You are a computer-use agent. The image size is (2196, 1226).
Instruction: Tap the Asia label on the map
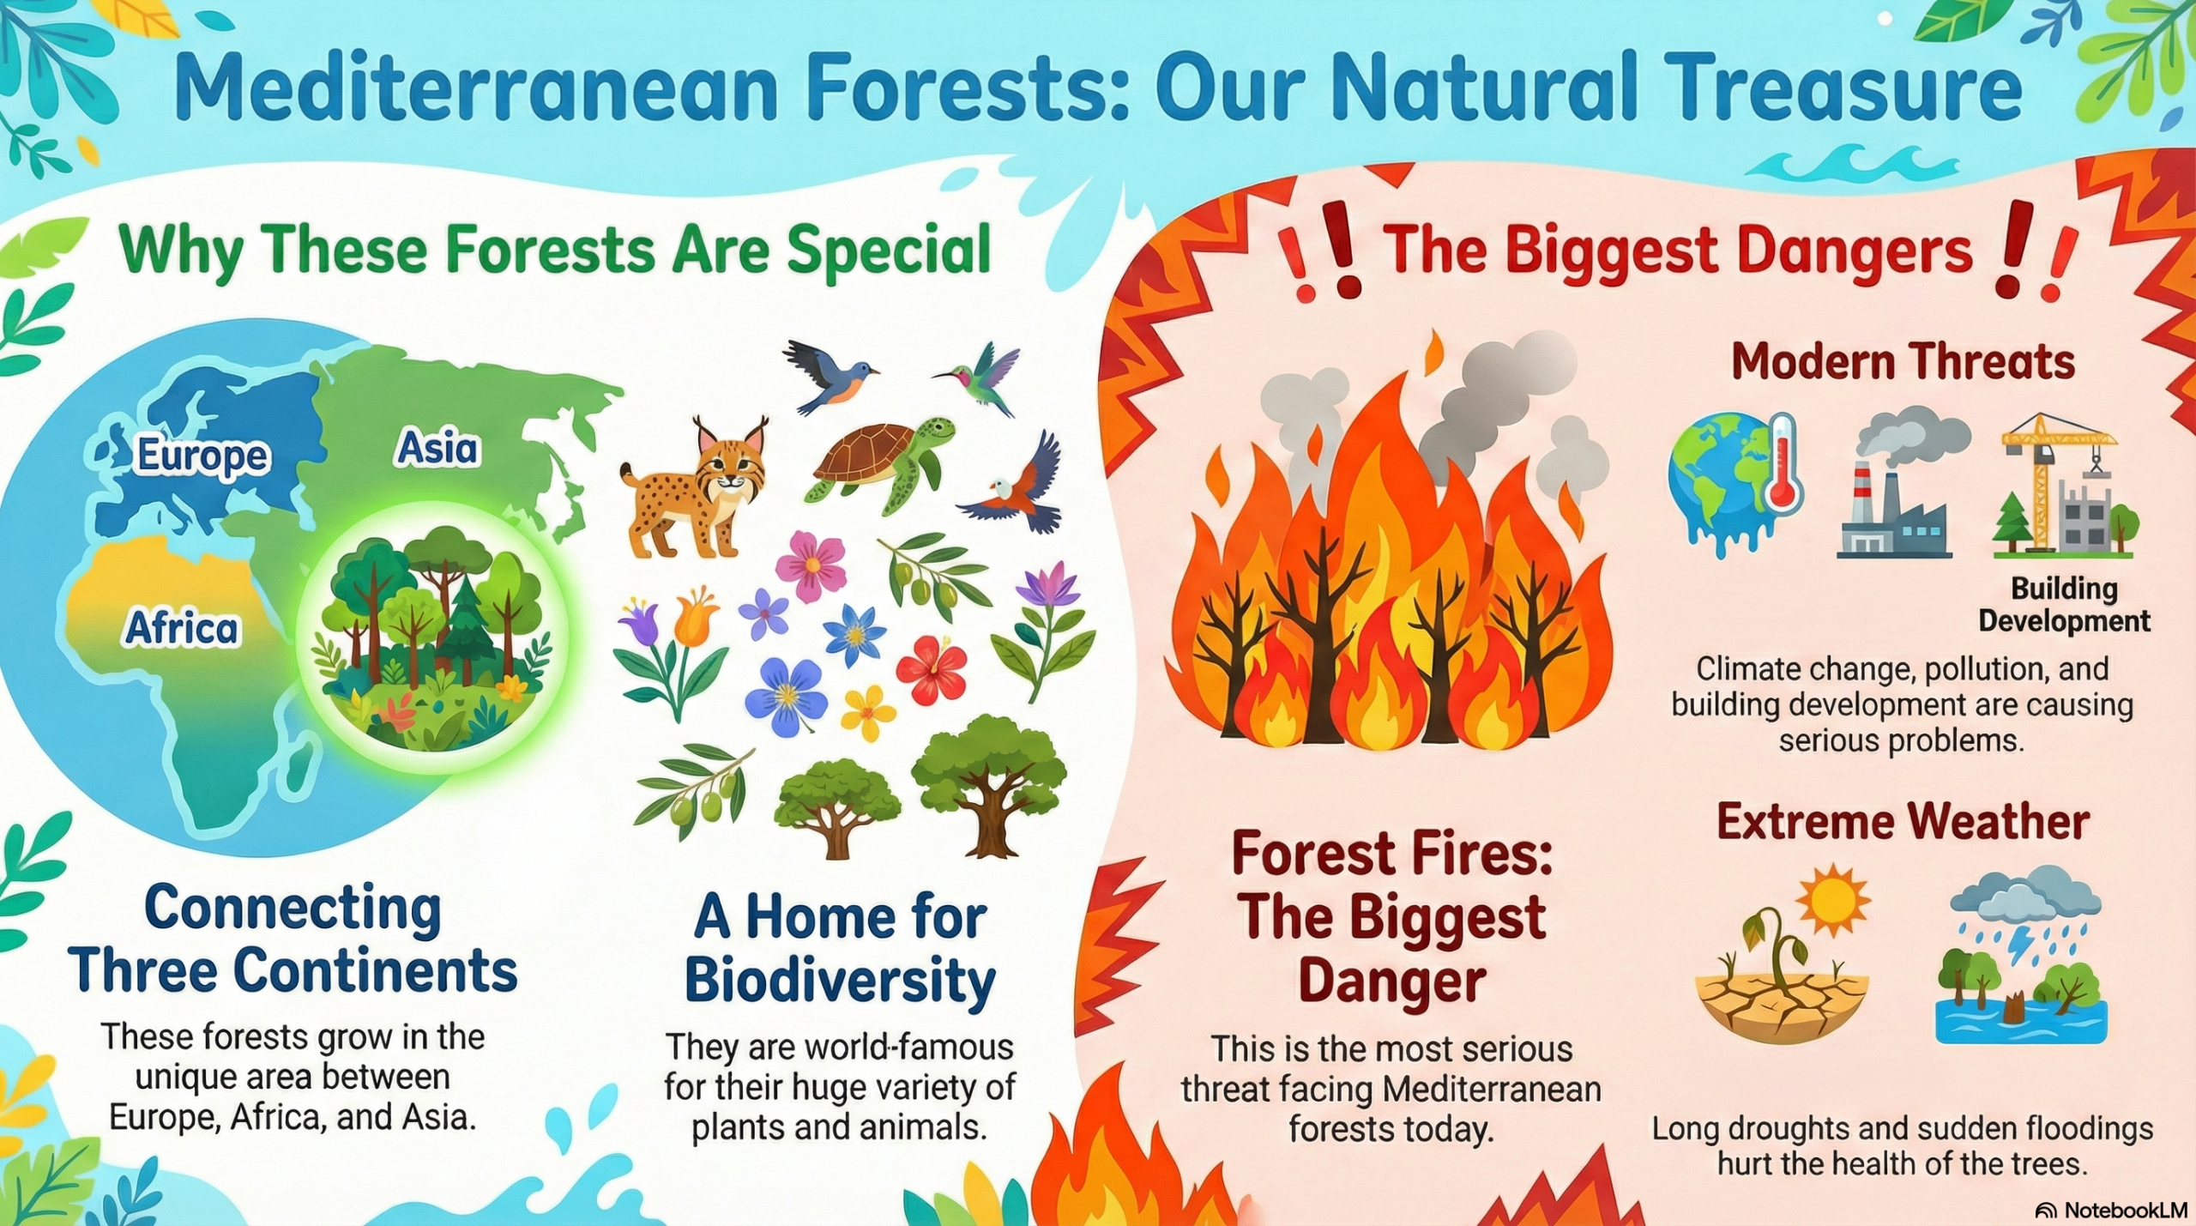pos(437,448)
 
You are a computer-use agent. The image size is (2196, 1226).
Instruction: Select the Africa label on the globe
pos(182,628)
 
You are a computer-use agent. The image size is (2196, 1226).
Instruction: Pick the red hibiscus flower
pos(932,668)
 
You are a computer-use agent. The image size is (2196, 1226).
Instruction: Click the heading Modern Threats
pos(1903,361)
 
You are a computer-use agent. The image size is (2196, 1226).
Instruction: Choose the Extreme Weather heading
pos(1903,821)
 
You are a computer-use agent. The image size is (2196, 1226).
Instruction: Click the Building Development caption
pos(2064,604)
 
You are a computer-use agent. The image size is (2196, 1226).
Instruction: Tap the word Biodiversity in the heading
pos(840,980)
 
